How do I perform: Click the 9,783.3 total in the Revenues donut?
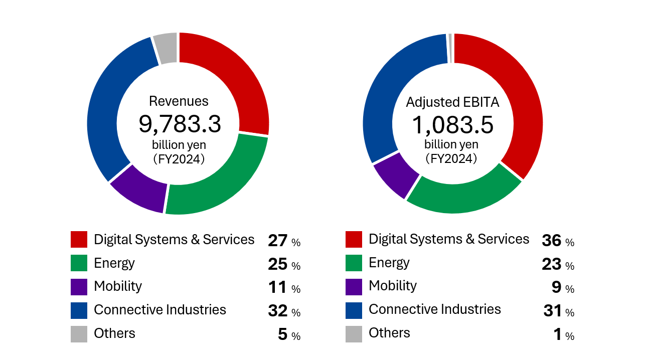click(180, 124)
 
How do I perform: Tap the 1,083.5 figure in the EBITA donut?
click(452, 124)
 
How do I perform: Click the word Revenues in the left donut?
click(179, 101)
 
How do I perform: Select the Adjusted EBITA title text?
click(452, 102)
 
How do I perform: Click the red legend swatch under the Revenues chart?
click(79, 240)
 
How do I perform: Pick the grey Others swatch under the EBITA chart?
click(354, 334)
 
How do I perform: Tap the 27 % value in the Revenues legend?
click(284, 241)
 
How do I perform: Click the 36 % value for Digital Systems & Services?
click(558, 241)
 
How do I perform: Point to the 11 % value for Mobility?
click(284, 288)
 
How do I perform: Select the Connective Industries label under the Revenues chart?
click(160, 310)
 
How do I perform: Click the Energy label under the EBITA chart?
click(389, 262)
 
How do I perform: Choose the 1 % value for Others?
click(564, 334)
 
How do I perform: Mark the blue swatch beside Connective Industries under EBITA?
click(354, 310)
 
